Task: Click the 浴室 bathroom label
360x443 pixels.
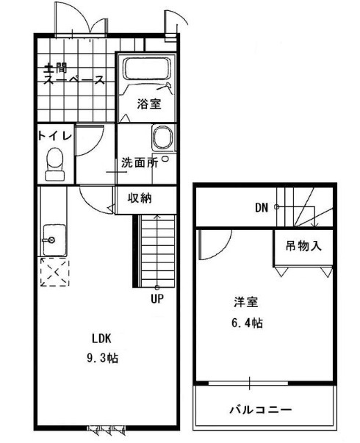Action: tap(148, 104)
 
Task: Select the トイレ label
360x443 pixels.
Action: tap(54, 136)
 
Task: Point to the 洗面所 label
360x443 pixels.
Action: tap(140, 163)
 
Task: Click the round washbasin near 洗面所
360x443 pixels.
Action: tap(162, 138)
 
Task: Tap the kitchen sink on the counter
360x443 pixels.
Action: tap(52, 239)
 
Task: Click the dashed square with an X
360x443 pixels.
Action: tap(55, 273)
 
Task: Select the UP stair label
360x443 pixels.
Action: tap(157, 298)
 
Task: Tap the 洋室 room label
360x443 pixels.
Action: tap(245, 303)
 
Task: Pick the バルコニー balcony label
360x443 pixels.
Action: tap(261, 409)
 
